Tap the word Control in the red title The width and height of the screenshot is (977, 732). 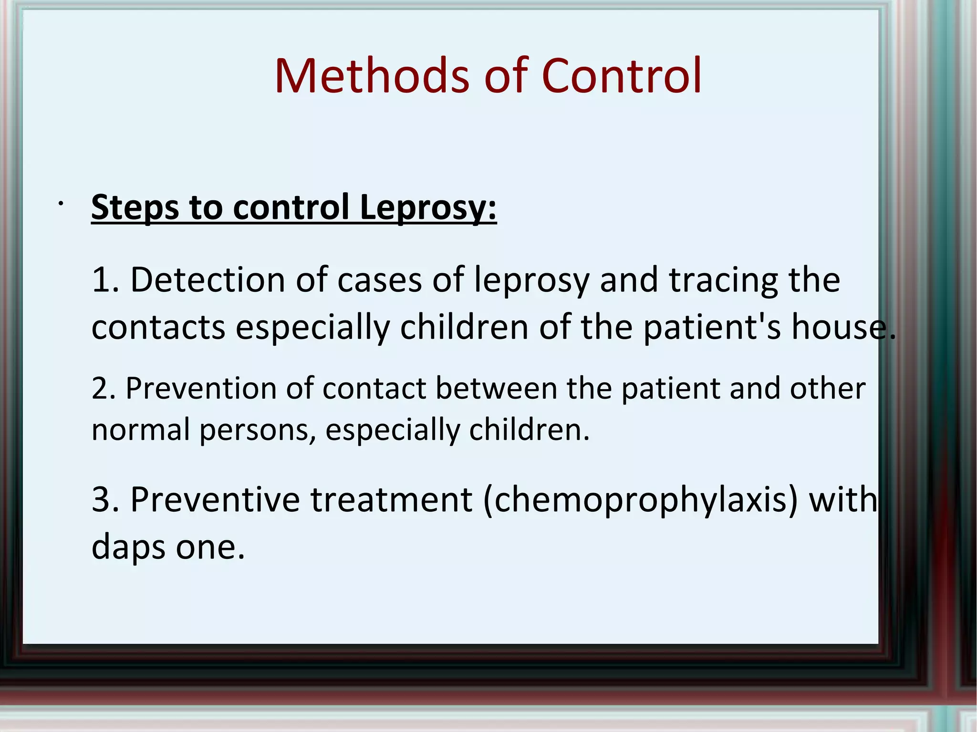(x=621, y=76)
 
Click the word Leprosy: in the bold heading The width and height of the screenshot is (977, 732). (x=428, y=208)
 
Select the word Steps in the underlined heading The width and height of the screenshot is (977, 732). (x=135, y=208)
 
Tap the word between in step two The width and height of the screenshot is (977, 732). (x=496, y=389)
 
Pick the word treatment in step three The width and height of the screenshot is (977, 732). (x=392, y=500)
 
